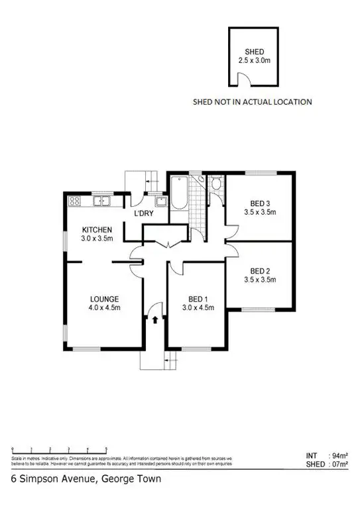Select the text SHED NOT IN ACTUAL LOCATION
click(251, 102)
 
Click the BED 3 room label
click(260, 203)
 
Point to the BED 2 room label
click(260, 270)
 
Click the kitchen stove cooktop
click(75, 201)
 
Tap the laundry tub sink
click(160, 201)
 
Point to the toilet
click(217, 184)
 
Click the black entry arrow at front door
click(155, 319)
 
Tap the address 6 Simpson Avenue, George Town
click(76, 478)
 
